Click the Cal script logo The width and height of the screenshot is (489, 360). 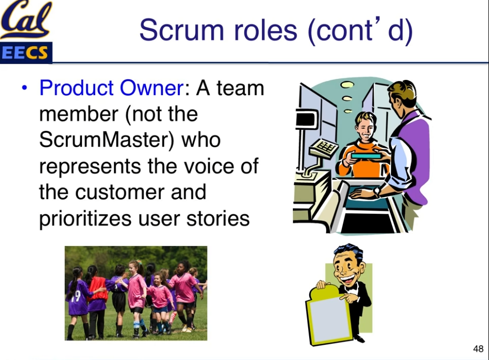point(26,19)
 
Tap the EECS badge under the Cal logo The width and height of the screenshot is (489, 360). point(26,53)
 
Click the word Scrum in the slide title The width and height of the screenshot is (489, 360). point(181,30)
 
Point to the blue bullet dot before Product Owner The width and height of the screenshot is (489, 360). point(25,88)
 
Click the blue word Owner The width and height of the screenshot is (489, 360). point(152,88)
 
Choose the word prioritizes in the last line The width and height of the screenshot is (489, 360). point(85,219)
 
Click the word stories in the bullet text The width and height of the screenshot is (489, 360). point(218,218)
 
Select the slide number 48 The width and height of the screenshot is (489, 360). point(478,348)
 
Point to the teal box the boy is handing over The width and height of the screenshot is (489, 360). point(366,156)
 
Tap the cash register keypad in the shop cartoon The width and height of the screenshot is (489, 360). point(324,148)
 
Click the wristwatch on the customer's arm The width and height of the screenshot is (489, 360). point(376,191)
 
